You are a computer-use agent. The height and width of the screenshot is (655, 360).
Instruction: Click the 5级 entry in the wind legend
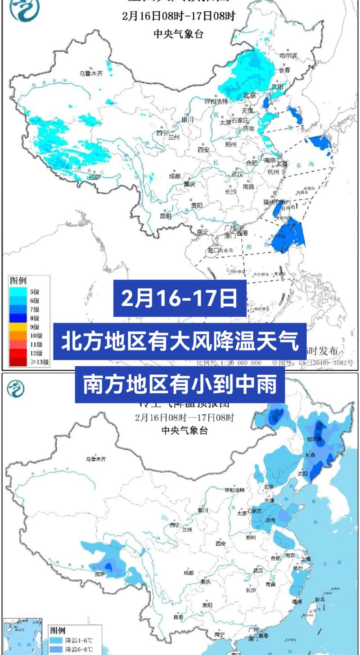coord(27,292)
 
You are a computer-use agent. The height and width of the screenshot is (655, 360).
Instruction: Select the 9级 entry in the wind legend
coord(27,327)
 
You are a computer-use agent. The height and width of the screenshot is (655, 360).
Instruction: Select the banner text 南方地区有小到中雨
coord(180,385)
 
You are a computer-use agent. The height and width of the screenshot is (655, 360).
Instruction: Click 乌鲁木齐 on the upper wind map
coord(91,73)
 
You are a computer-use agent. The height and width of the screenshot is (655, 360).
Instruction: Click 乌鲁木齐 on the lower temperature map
coord(96,459)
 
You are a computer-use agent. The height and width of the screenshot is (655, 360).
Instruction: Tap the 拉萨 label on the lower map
coord(100,574)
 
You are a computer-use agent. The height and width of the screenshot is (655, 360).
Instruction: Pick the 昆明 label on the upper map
coord(166,216)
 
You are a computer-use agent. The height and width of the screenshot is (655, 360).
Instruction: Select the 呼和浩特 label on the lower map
coord(234,490)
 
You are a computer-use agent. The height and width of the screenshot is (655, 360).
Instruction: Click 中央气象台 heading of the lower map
coord(184,431)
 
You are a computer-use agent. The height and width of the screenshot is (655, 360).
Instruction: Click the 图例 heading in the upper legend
coord(18,281)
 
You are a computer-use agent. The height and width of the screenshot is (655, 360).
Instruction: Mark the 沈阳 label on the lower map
coord(302,474)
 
